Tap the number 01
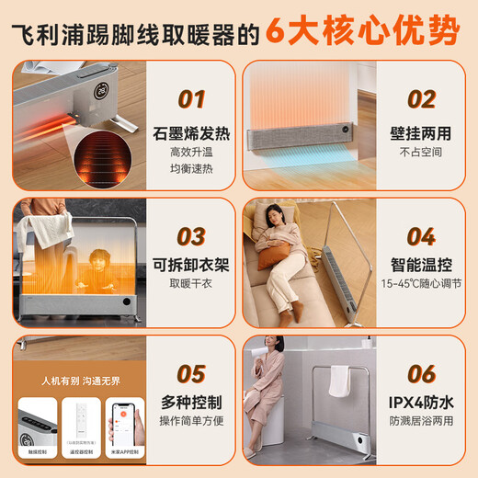[190, 99]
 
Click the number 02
[420, 99]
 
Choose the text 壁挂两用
[420, 135]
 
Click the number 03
[190, 236]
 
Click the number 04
[420, 236]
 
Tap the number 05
[190, 373]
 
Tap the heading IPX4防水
[420, 404]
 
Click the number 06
[420, 373]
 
